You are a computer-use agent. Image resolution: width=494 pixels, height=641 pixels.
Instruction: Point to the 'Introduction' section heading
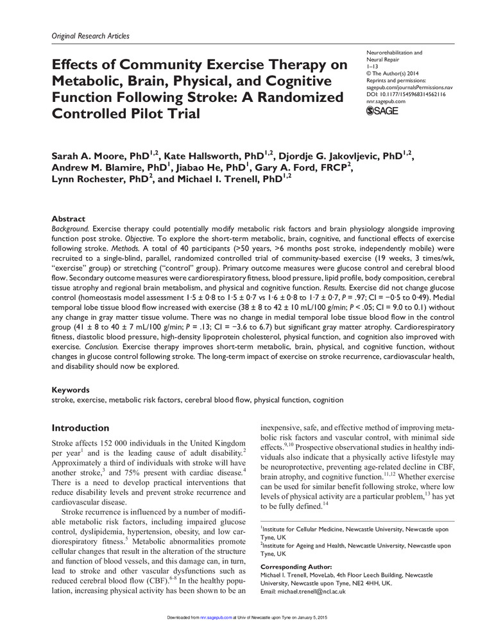coord(80,428)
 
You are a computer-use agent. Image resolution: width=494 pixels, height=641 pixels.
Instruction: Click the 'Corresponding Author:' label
coord(297,567)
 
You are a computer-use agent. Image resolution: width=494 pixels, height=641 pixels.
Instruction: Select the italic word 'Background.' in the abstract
coord(70,228)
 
